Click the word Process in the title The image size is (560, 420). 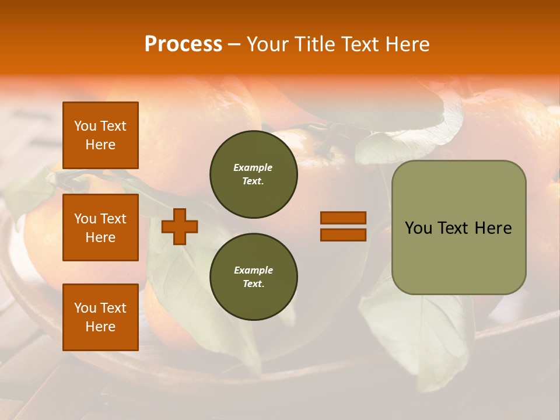click(x=183, y=44)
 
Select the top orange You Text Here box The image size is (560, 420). click(x=100, y=135)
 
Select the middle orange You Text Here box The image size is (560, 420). click(x=100, y=228)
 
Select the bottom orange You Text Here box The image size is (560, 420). click(x=100, y=317)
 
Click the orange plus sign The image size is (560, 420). click(x=180, y=226)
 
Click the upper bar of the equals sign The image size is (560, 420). click(x=343, y=218)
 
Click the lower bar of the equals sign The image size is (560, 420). click(x=343, y=235)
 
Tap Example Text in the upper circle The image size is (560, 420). click(x=253, y=174)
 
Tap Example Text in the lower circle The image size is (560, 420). click(x=253, y=277)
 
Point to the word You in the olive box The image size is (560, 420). click(x=418, y=228)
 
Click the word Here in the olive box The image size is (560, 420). click(x=493, y=228)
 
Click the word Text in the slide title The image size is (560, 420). click(x=359, y=44)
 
